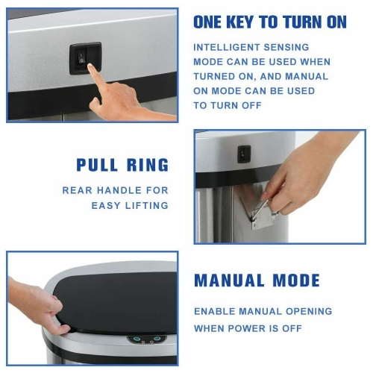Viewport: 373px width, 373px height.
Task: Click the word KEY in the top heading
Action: click(x=240, y=22)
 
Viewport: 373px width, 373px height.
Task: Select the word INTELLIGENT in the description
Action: click(x=226, y=47)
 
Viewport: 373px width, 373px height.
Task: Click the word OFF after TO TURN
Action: click(x=251, y=105)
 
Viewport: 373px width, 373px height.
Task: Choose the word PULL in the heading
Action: click(x=97, y=165)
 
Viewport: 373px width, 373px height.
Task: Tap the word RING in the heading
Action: click(x=148, y=165)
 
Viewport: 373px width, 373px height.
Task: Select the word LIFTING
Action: click(x=147, y=206)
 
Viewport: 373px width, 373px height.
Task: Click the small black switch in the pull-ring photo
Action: click(x=244, y=154)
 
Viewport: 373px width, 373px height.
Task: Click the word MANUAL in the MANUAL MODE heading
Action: click(x=229, y=280)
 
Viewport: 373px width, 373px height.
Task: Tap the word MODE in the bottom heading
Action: click(x=296, y=280)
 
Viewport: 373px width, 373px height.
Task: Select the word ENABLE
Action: click(x=214, y=311)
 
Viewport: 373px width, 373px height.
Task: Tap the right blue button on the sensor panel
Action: click(x=157, y=339)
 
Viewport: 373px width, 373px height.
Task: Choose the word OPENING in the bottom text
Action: click(x=309, y=311)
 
